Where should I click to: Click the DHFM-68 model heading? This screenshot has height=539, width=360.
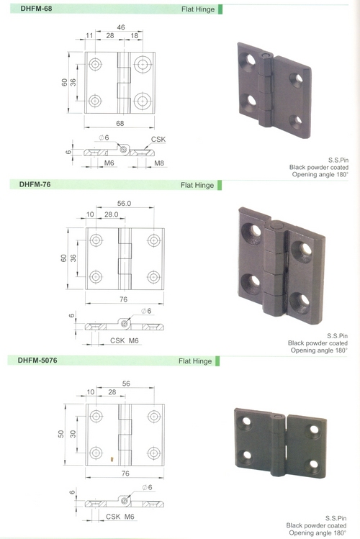click(36, 8)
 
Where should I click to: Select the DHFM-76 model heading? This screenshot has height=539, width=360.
click(35, 184)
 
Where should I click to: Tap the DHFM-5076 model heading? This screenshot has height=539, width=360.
click(37, 361)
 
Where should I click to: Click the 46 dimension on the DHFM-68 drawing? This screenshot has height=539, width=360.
click(121, 27)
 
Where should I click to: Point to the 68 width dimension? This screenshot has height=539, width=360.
click(120, 123)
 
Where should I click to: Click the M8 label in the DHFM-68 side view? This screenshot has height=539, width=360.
click(159, 163)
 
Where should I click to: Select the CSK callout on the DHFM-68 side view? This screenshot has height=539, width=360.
click(158, 139)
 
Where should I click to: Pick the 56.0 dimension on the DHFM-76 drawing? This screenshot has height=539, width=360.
click(124, 203)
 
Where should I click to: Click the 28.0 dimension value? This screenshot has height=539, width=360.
click(112, 214)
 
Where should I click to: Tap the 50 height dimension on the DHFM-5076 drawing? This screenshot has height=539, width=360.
click(61, 434)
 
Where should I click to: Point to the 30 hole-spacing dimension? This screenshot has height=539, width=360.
click(73, 434)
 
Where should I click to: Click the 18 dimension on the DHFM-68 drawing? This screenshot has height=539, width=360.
click(135, 35)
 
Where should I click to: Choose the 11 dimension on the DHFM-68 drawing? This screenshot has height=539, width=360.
click(89, 35)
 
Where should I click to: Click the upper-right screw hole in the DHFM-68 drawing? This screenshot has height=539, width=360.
click(143, 64)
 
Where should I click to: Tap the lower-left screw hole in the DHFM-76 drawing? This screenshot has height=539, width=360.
click(96, 277)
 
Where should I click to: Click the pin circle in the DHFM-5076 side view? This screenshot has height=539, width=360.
click(125, 501)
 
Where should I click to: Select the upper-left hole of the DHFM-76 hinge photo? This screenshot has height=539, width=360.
click(252, 233)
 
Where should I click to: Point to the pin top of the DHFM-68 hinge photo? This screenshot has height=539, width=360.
click(265, 55)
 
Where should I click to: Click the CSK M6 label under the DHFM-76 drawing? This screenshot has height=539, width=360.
click(124, 340)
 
